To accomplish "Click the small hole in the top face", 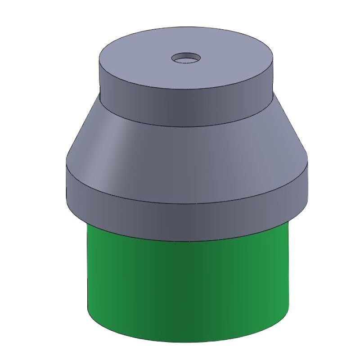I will tap(186, 58).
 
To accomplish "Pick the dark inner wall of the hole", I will tap(186, 56).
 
